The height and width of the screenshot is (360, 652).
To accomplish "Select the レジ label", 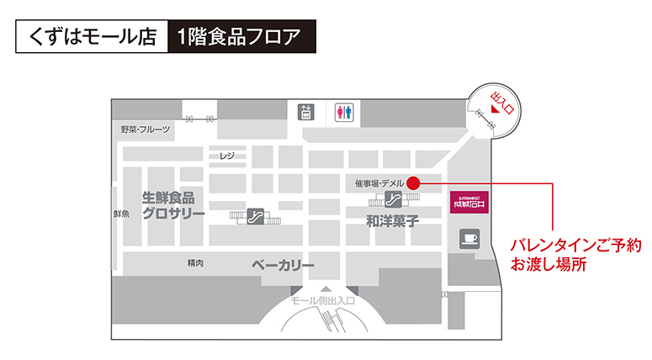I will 226,156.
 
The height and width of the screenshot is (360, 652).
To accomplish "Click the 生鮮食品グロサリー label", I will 173,205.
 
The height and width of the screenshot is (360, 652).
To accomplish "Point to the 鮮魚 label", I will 121,214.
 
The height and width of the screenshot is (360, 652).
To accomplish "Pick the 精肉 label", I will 195,263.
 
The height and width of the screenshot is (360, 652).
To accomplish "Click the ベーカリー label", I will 283,266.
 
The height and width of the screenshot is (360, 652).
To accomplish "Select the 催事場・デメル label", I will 379,183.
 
